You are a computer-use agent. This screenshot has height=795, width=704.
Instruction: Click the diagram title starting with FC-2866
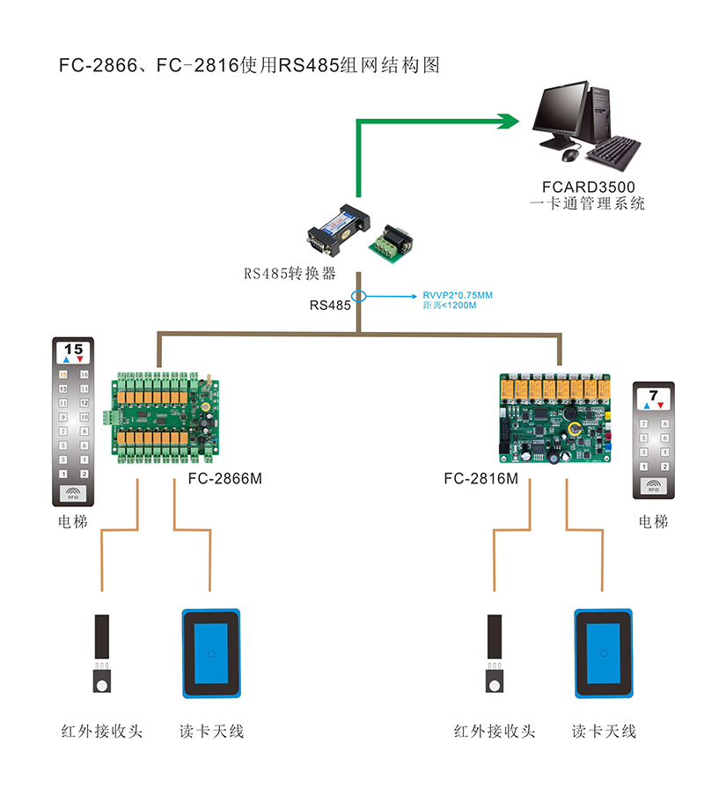tap(249, 65)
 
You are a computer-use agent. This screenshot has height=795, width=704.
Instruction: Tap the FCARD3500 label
tap(589, 188)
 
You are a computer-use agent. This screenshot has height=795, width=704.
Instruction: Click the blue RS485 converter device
tap(339, 223)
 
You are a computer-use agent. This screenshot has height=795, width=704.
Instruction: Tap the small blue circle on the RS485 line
tap(358, 297)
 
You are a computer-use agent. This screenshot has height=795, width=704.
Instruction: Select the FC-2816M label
tap(480, 479)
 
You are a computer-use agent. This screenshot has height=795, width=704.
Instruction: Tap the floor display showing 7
tap(653, 397)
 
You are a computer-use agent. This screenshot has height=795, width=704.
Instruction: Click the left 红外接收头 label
tap(102, 731)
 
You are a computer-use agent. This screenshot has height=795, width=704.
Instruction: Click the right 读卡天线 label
tap(604, 731)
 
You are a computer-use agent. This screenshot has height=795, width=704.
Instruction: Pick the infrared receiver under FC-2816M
tap(495, 656)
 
